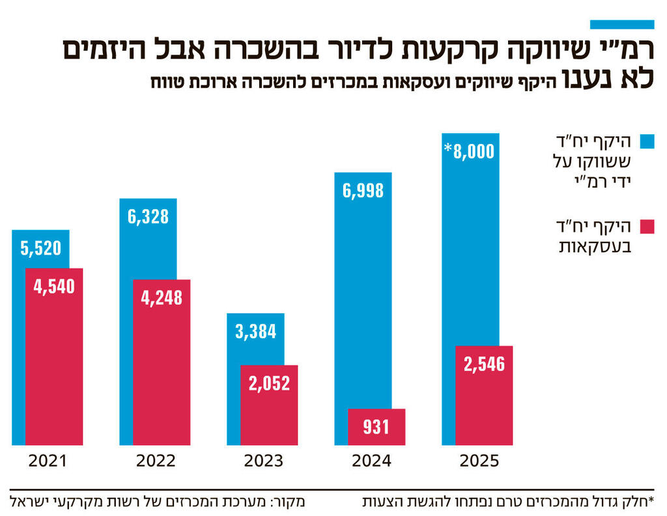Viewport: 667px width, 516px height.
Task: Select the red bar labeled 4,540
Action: tap(54, 356)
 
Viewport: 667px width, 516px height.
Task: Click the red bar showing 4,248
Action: tap(162, 362)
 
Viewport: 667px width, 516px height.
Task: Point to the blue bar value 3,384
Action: tap(255, 331)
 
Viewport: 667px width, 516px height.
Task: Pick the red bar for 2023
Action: tap(269, 405)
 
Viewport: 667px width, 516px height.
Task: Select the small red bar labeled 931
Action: tap(376, 427)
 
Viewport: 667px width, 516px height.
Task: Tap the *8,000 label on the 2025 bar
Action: tap(470, 151)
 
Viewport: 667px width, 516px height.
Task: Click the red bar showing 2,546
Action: tap(484, 395)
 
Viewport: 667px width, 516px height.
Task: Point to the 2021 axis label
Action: tap(48, 461)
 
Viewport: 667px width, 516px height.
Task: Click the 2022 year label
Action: tap(156, 461)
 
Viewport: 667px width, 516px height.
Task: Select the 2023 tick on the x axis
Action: tap(263, 461)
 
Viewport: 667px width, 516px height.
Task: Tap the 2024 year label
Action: tap(371, 461)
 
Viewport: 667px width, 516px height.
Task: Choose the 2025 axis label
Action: tap(479, 461)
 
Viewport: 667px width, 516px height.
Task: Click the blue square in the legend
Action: tap(647, 142)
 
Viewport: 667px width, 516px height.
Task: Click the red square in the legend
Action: tap(647, 227)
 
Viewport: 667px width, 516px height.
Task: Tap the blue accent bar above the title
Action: tap(621, 24)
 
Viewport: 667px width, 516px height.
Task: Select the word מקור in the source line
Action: tap(291, 502)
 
